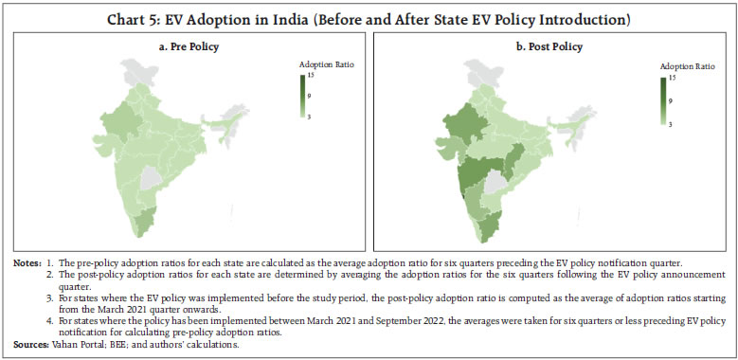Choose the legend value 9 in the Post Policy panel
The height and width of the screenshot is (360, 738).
point(672,100)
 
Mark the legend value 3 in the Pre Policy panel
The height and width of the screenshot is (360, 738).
point(311,115)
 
